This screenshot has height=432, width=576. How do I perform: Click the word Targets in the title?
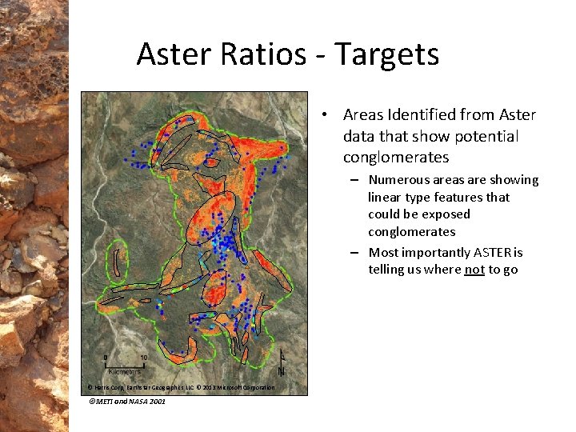pos(386,54)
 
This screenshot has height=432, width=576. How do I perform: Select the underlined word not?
pos(474,270)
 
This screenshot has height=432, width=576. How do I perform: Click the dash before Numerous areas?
pos(353,180)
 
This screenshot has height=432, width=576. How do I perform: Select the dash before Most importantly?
pos(353,253)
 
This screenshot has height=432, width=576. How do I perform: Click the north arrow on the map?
pos(281,365)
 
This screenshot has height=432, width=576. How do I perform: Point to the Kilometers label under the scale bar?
pos(124,372)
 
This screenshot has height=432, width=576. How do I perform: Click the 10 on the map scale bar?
pos(143,357)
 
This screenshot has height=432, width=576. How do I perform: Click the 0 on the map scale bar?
pos(106,357)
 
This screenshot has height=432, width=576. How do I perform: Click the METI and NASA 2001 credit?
pos(127,402)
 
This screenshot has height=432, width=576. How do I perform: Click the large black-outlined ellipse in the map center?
pos(210,215)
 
